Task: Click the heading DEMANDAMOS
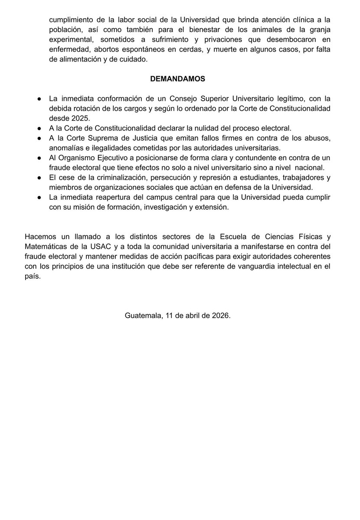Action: pyautogui.click(x=177, y=79)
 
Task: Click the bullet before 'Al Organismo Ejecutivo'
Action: pyautogui.click(x=39, y=158)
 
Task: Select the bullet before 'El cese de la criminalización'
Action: pyautogui.click(x=39, y=178)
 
